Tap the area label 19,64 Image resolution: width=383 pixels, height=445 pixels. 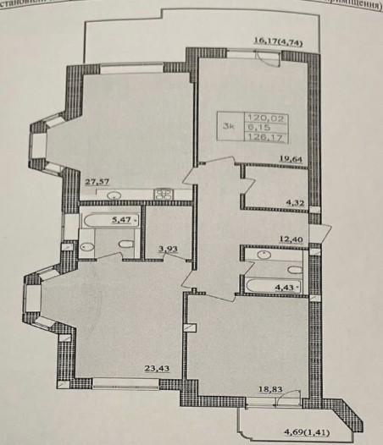pyautogui.click(x=292, y=158)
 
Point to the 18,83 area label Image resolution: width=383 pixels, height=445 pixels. pyautogui.click(x=270, y=390)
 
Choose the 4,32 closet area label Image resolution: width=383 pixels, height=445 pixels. pyautogui.click(x=295, y=203)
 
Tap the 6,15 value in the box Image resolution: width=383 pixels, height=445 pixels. pyautogui.click(x=257, y=128)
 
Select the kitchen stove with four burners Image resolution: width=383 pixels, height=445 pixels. pyautogui.click(x=163, y=195)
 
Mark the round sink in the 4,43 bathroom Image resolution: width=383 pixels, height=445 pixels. pyautogui.click(x=265, y=253)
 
